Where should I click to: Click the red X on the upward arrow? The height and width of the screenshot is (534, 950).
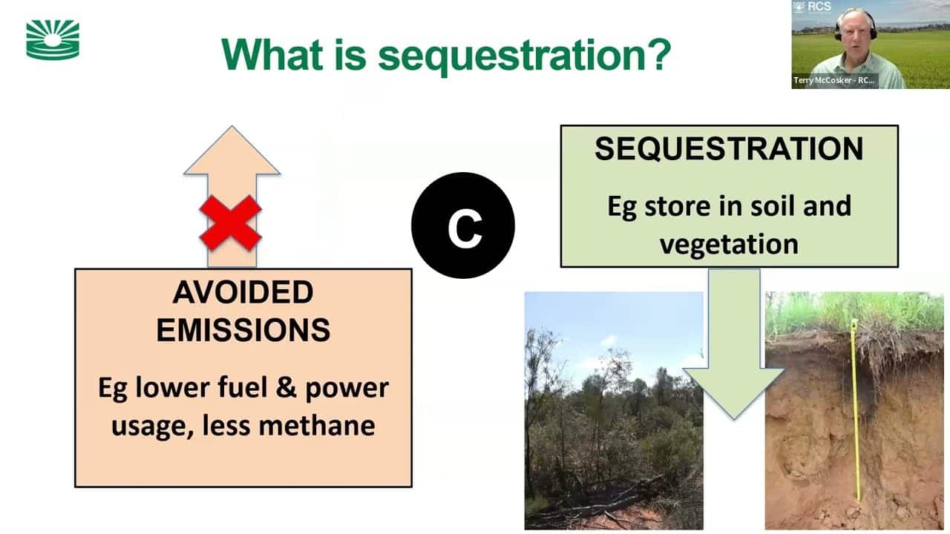point(231,222)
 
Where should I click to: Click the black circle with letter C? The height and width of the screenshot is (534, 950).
point(463,225)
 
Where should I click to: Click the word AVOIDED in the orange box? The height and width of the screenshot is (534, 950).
point(243,293)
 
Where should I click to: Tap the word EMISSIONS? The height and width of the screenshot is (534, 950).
point(243,330)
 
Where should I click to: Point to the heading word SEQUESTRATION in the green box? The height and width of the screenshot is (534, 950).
point(729,149)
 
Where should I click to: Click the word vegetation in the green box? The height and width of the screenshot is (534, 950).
point(729,243)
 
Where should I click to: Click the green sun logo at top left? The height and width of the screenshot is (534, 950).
point(53,39)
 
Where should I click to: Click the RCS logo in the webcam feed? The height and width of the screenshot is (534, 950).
point(810,7)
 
